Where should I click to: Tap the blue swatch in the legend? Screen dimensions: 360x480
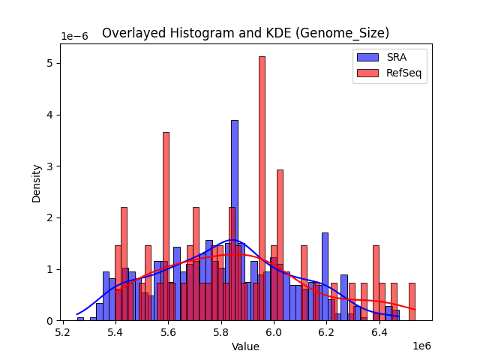(x=367, y=57)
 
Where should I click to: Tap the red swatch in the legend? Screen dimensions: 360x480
(x=367, y=73)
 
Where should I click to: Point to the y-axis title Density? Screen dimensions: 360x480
(x=36, y=182)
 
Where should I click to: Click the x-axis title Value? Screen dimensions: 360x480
(x=245, y=346)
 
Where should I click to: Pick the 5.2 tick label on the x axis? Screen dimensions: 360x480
(x=63, y=331)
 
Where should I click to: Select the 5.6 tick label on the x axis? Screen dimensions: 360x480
(x=169, y=331)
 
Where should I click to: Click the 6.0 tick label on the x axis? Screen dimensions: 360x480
(x=274, y=331)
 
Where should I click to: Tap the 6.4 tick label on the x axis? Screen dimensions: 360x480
(x=379, y=331)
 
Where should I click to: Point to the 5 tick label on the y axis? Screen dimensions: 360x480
(x=48, y=63)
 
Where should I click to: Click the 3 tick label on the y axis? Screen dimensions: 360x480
(x=48, y=166)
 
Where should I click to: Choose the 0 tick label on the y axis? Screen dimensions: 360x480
(x=48, y=321)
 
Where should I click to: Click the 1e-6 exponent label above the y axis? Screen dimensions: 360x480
(x=73, y=36)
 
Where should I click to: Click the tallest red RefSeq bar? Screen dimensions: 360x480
(x=262, y=187)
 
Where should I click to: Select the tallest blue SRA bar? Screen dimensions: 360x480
(x=235, y=220)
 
